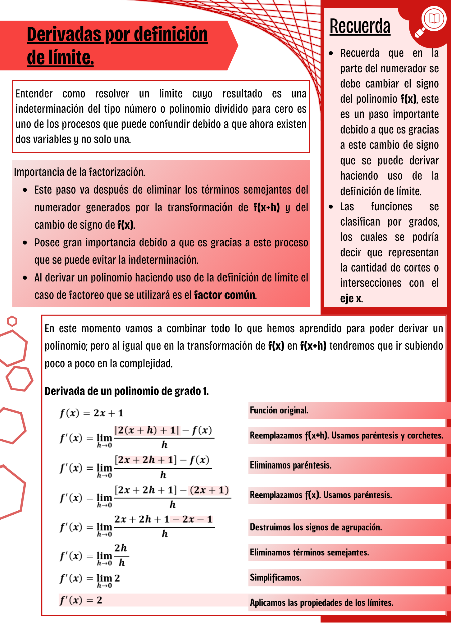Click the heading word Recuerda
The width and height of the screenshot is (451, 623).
pos(360,26)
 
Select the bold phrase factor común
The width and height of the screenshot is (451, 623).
pos(225,295)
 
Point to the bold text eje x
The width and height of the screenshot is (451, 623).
pos(351,299)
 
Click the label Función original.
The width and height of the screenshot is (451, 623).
pos(279,411)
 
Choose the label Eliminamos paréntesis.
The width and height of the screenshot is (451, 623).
pos(291,465)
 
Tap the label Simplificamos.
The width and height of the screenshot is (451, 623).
pos(276,578)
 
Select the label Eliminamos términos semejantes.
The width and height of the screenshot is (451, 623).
pos(309,553)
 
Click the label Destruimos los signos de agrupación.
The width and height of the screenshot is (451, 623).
pos(316,528)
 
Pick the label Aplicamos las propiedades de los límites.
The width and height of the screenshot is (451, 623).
pos(321,603)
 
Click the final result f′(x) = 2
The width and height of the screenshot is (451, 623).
pos(81,600)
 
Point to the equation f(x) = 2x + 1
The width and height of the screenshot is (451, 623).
pos(91,413)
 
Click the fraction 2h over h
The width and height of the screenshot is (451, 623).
pos(121,555)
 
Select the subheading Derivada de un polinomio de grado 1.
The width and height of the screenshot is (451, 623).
pos(127,391)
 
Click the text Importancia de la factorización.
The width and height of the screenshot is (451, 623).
pos(80,172)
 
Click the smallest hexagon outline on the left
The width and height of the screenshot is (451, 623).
pos(12,321)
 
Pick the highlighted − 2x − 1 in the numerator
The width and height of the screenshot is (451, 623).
pos(192,519)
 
